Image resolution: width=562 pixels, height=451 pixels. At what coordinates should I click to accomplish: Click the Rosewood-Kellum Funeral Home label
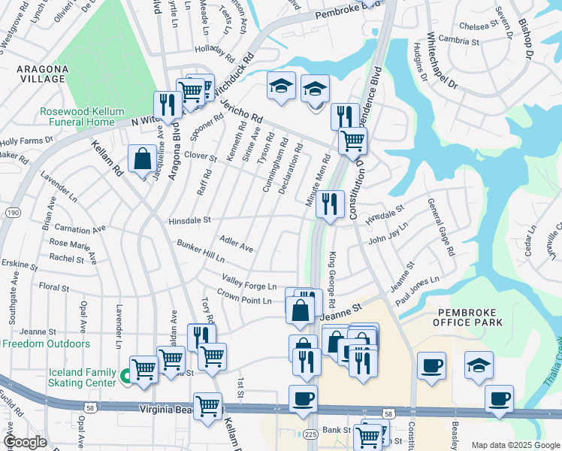[x=83, y=117]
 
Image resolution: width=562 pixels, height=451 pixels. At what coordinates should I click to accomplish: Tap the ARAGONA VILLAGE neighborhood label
[x=43, y=74]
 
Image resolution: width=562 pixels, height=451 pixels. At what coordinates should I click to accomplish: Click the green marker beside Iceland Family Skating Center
[x=125, y=374]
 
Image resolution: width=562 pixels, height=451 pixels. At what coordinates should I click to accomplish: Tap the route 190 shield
[x=13, y=214]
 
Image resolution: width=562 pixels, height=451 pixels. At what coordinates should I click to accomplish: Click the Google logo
[x=26, y=442]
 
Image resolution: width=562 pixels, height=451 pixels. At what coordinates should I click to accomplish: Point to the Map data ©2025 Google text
[x=514, y=445]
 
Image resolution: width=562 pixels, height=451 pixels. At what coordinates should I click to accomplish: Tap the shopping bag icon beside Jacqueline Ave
[x=142, y=159]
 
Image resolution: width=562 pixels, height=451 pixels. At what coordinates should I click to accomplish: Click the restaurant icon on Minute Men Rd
[x=329, y=204]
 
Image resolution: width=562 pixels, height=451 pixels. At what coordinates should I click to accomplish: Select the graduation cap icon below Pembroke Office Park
[x=479, y=365]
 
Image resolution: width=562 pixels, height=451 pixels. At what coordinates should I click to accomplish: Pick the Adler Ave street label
[x=236, y=244]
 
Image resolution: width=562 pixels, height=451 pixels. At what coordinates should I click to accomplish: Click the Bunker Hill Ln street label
[x=201, y=251]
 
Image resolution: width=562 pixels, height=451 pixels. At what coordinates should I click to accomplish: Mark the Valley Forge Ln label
[x=248, y=281]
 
